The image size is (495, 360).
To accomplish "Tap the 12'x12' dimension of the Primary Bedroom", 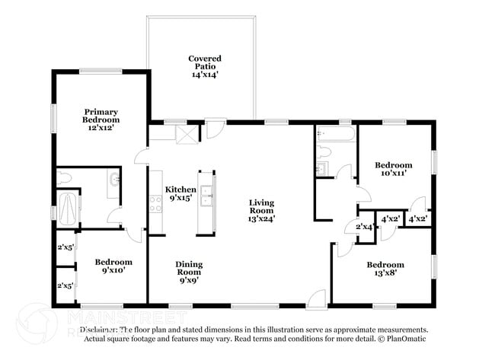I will [x=101, y=129].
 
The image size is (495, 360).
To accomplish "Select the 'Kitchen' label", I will [x=180, y=190].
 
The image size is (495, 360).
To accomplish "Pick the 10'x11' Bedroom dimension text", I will [x=393, y=174].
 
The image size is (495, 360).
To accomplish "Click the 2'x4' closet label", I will [x=364, y=227].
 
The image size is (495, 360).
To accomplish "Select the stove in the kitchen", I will [x=155, y=203].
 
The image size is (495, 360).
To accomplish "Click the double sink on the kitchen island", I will [x=206, y=202].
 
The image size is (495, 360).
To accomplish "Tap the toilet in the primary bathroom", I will [x=64, y=178].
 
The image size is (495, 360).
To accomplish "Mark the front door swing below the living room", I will [x=318, y=298].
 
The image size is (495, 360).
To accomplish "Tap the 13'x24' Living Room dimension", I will [x=261, y=218].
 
